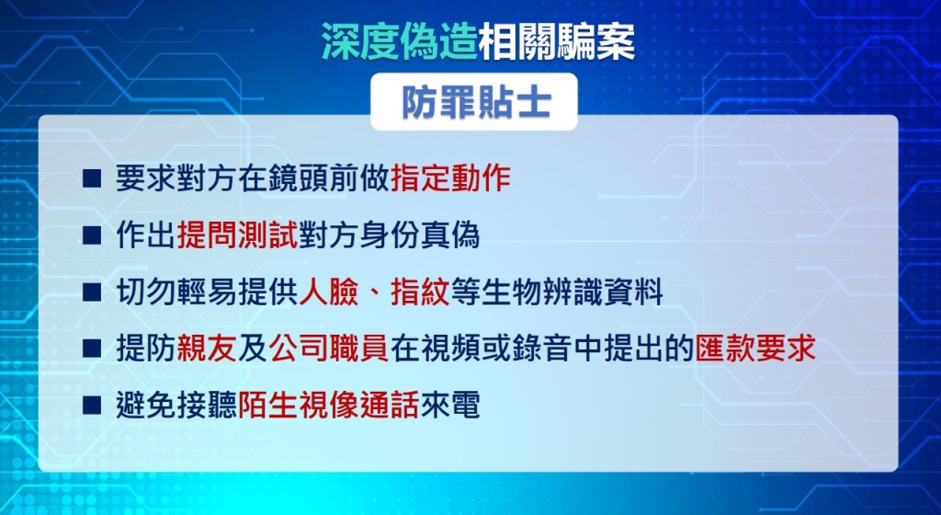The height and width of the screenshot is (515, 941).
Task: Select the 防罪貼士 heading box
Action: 474,102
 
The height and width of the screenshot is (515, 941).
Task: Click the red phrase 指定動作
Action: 450,178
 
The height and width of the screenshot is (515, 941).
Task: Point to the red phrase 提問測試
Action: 238,235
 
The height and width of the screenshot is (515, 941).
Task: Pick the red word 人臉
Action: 328,292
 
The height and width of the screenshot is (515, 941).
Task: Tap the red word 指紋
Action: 420,292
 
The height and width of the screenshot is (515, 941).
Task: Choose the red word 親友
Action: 207,349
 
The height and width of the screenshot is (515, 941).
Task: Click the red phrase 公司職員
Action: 329,349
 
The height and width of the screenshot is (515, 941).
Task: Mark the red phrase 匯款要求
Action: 755,349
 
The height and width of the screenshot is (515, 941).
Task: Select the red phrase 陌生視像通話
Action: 329,406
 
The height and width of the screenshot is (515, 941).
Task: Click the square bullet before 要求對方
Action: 92,178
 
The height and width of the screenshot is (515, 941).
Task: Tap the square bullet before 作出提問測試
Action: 92,236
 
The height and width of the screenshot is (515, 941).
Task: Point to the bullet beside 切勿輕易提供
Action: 92,293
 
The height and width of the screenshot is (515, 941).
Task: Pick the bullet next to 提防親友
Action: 92,349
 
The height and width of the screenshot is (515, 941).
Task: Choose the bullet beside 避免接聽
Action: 92,406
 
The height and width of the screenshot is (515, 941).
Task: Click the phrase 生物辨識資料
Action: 573,292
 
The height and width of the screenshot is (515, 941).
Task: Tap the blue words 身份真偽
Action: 420,235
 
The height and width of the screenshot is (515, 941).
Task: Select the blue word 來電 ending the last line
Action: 450,406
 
